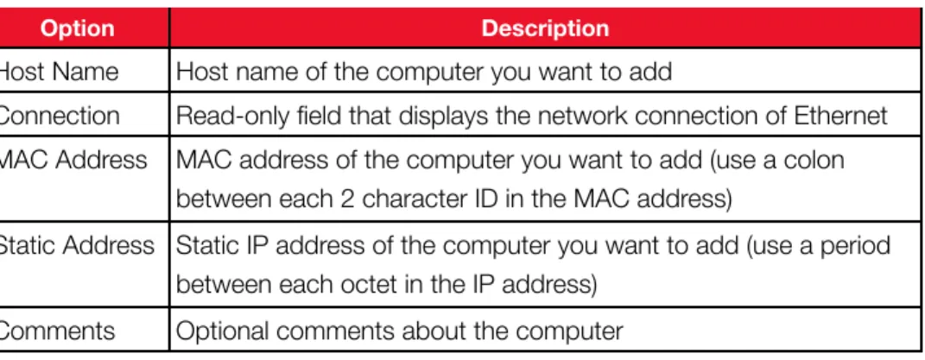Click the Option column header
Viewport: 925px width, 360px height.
point(77,28)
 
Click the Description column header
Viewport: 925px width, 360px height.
point(545,28)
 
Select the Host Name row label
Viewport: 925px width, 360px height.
point(59,72)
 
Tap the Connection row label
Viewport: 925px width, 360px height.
point(59,116)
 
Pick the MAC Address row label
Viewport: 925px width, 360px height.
point(73,159)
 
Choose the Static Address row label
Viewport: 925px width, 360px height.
point(77,245)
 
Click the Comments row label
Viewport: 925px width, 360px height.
point(57,331)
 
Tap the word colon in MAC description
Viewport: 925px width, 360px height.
point(814,160)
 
